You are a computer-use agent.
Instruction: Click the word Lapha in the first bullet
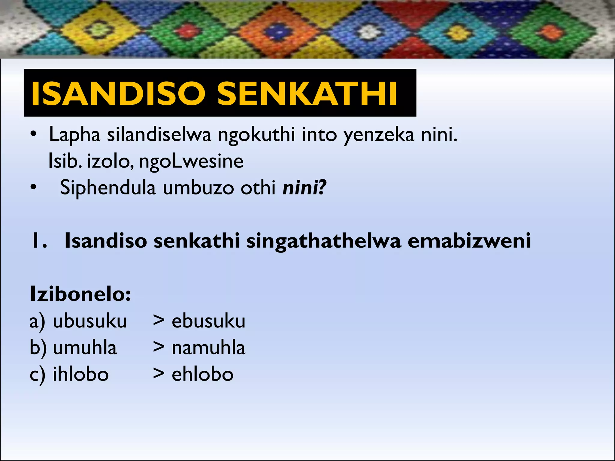coord(74,134)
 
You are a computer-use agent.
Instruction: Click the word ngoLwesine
coord(191,161)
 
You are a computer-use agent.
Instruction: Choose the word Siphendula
coord(108,188)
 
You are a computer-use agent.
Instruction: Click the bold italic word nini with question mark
coord(304,188)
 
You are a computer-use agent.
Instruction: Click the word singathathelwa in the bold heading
coord(324,241)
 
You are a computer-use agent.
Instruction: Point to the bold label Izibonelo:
coord(80,294)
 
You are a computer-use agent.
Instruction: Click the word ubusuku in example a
coord(90,321)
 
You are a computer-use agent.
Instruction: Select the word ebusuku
coord(208,321)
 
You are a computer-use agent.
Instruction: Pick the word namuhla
coord(208,348)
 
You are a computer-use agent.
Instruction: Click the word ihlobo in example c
coord(80,374)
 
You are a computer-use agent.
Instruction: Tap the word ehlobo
coord(202,374)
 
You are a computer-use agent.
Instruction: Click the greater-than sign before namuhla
coord(159,347)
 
